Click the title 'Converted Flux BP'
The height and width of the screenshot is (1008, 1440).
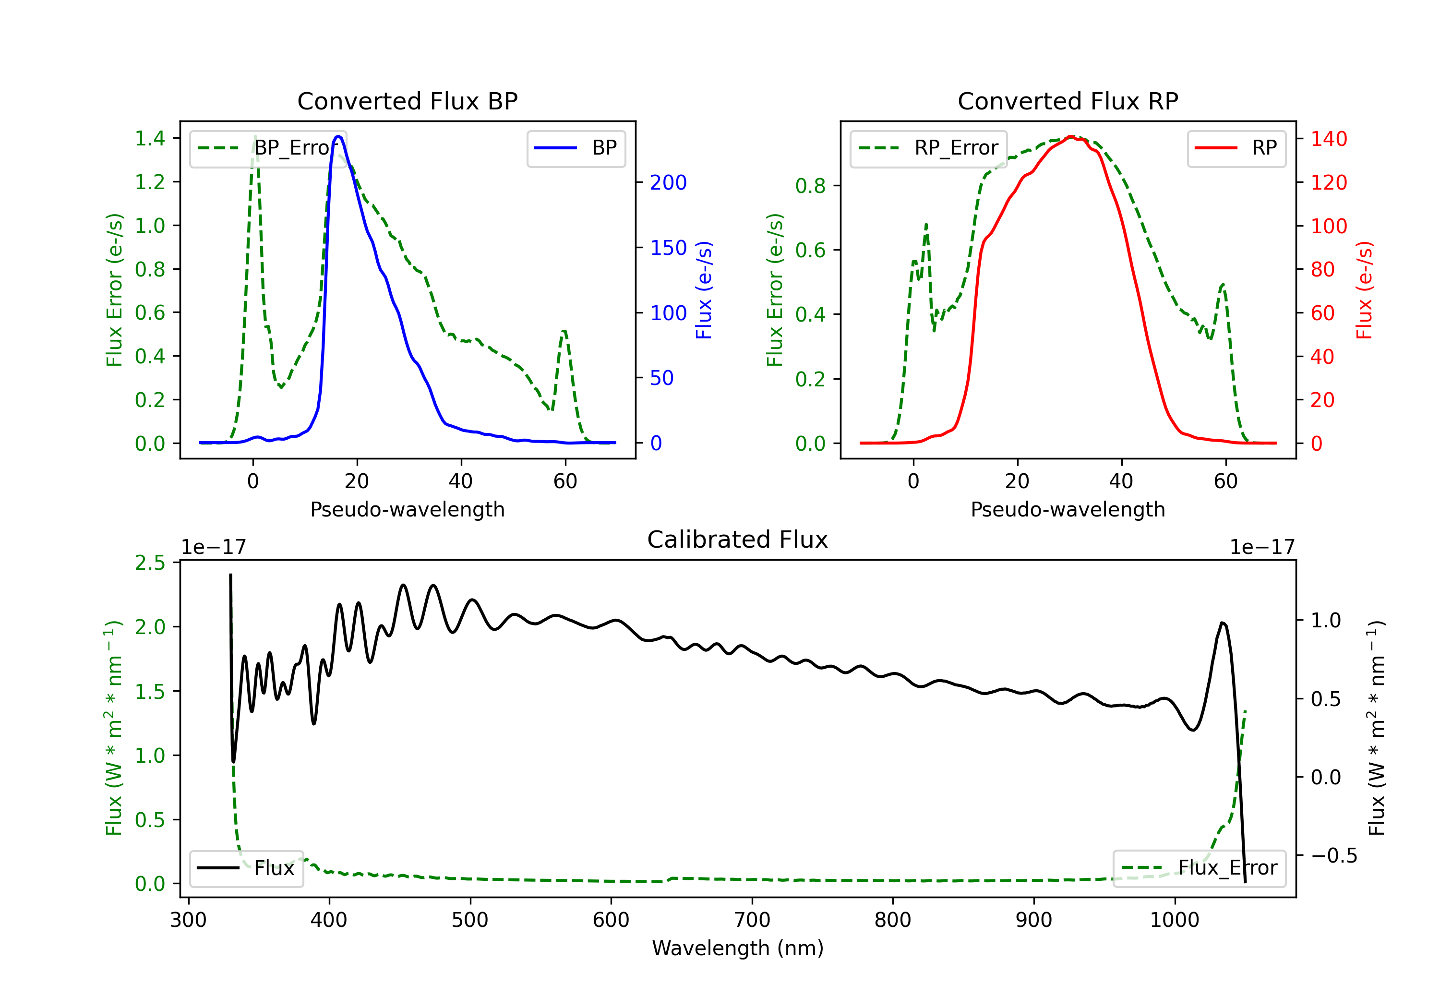(408, 101)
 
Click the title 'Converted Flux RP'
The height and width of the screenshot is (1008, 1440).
(1068, 101)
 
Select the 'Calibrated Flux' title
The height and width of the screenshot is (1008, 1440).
(738, 540)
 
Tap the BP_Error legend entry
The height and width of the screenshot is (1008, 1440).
(268, 148)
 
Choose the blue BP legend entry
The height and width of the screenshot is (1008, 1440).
(576, 148)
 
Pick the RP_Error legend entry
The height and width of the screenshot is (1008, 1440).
(928, 148)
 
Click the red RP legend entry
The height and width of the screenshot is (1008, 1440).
(1236, 148)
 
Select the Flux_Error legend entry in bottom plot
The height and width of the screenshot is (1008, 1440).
(1199, 868)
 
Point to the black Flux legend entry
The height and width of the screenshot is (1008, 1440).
(246, 868)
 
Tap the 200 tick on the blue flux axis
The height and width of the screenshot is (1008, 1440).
(668, 182)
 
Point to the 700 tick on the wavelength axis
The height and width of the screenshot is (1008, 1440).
(752, 920)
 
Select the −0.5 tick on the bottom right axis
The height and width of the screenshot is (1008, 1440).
(1334, 855)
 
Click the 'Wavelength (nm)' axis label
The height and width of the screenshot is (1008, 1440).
(738, 948)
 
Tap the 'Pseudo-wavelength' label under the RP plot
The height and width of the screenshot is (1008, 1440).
(1068, 509)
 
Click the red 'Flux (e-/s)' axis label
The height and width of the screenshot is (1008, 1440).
(1364, 290)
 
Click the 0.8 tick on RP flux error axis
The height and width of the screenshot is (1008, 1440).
(810, 186)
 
